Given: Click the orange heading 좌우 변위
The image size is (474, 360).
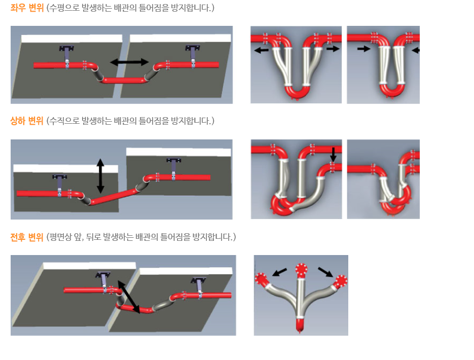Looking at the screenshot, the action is pos(27,8).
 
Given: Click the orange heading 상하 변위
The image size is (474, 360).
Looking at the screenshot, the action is pos(27,121).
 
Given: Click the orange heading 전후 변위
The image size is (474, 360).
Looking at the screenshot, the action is pos(27,237).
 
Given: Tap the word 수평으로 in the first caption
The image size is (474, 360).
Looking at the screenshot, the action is pos(64,8).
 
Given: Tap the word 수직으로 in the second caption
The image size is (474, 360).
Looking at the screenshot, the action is pos(64,121).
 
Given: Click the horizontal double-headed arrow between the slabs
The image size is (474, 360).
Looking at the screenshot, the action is pos(129,62).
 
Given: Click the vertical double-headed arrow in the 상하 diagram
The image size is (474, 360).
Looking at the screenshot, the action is pos(100,176).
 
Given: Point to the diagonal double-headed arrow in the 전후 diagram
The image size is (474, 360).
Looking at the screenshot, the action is pos(128,297).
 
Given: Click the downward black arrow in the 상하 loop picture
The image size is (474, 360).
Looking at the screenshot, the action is pos(333,155).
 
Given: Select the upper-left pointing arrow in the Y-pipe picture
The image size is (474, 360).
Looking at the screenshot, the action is pos(280,272).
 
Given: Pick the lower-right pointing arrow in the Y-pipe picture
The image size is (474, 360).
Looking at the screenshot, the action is pos(325,272).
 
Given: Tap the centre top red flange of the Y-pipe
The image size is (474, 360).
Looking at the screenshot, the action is pos(301,269).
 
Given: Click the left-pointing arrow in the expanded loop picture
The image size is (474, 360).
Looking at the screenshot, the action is pos(261,50).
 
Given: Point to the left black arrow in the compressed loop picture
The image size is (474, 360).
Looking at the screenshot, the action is pos(363,48).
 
